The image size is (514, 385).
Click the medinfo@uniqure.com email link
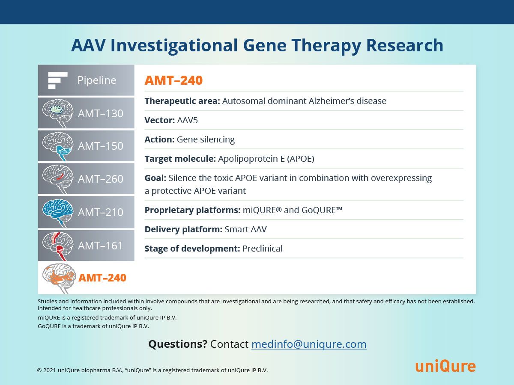coord(309,344)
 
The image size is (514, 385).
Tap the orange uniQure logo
coord(445,366)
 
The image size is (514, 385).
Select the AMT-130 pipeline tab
coord(86,113)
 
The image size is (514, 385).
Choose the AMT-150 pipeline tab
coord(86,146)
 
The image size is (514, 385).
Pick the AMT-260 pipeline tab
coord(86,178)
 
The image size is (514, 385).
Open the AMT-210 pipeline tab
coord(86,212)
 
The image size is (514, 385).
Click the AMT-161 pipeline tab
coord(86,246)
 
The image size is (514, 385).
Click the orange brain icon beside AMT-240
coord(59,278)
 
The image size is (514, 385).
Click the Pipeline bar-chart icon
coord(57,80)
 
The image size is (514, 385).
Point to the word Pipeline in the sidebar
coord(97,80)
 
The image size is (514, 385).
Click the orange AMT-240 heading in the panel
coord(173,80)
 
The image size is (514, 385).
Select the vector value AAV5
coord(187,120)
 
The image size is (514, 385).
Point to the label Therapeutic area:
coord(182,101)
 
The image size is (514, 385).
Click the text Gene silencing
coord(206,139)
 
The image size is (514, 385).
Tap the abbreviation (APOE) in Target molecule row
coord(301,159)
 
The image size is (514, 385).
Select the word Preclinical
coord(262,249)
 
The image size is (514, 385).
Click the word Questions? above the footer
coord(178,344)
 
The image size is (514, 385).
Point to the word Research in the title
coord(405,45)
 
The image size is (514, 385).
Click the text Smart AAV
coord(245,229)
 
